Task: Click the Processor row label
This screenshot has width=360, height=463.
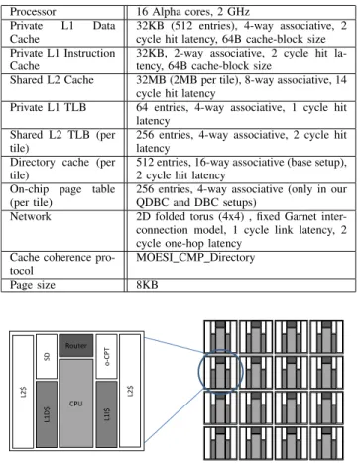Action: pos(33,12)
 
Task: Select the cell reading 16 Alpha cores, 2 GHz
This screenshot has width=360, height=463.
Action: pos(192,12)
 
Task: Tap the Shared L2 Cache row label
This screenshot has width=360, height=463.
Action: pos(52,80)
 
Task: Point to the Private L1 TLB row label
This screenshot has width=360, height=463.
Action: pos(48,107)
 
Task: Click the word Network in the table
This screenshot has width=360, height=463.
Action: pos(31,216)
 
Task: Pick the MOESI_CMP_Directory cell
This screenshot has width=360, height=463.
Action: pos(195,258)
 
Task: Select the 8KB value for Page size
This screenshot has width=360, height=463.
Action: pos(147,285)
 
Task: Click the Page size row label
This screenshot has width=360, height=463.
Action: pos(33,285)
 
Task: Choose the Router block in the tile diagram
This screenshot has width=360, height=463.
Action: pos(76,346)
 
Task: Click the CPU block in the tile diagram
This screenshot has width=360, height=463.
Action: pos(76,404)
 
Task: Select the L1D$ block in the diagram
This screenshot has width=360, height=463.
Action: pos(47,414)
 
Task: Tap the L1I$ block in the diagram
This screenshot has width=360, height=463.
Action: pos(106,414)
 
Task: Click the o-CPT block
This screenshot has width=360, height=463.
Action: pos(106,357)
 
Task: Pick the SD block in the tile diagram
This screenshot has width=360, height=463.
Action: pos(47,357)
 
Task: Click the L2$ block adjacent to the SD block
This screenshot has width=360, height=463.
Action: pos(23,392)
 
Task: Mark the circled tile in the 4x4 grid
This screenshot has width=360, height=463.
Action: pos(220,372)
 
